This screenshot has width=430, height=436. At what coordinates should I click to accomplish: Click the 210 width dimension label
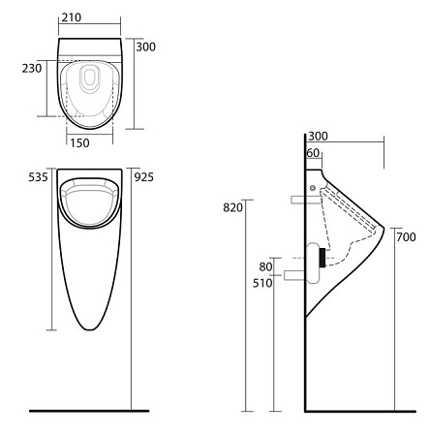pyautogui.click(x=72, y=17)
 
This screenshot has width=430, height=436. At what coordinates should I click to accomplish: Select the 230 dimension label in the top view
pyautogui.click(x=32, y=68)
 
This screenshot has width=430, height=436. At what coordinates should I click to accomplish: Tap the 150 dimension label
pyautogui.click(x=79, y=143)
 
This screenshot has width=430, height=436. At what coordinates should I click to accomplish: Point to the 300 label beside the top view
pyautogui.click(x=146, y=47)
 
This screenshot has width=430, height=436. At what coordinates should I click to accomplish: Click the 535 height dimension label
pyautogui.click(x=38, y=177)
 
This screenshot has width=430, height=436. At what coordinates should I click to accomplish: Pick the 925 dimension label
pyautogui.click(x=144, y=177)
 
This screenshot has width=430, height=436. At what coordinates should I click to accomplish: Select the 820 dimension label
pyautogui.click(x=232, y=207)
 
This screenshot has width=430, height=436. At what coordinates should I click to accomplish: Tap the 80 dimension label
pyautogui.click(x=265, y=266)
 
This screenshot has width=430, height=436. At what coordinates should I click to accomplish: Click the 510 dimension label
pyautogui.click(x=262, y=283)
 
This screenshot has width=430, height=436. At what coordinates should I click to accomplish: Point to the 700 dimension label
pyautogui.click(x=406, y=237)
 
